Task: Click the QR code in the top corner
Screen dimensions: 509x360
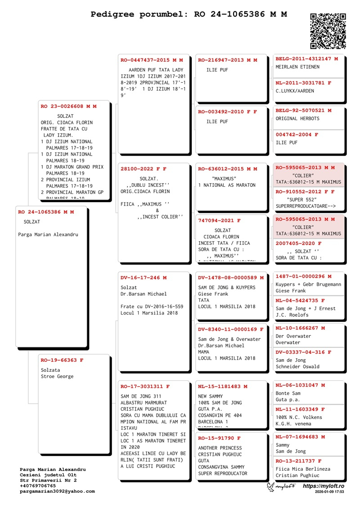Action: click(x=328, y=31)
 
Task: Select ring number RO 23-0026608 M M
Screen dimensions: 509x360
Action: click(x=68, y=107)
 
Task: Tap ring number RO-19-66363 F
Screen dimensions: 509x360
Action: click(x=62, y=360)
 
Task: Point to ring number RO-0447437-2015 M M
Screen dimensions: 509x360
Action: click(x=152, y=60)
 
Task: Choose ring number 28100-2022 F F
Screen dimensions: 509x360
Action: click(x=143, y=169)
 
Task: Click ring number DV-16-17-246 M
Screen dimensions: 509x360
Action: click(x=144, y=278)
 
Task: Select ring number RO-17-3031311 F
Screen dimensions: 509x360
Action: click(x=145, y=387)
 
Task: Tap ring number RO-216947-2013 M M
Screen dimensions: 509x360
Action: click(x=227, y=60)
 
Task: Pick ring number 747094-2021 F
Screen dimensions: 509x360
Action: click(x=219, y=221)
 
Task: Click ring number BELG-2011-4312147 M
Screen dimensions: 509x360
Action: click(x=306, y=59)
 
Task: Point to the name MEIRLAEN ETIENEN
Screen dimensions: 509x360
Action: click(x=297, y=67)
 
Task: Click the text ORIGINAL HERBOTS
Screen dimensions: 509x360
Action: click(x=297, y=118)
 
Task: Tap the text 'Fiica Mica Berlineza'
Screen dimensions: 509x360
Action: click(x=302, y=469)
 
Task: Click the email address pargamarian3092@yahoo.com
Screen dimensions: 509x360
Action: click(x=57, y=491)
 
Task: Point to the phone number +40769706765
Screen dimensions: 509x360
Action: click(x=38, y=486)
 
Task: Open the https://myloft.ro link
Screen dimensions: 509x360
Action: click(x=323, y=486)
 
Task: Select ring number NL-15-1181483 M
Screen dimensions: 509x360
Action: click(x=222, y=387)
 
